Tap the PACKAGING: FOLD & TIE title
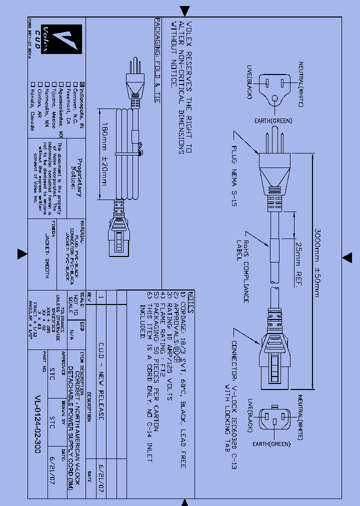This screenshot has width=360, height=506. pos(157,60)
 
